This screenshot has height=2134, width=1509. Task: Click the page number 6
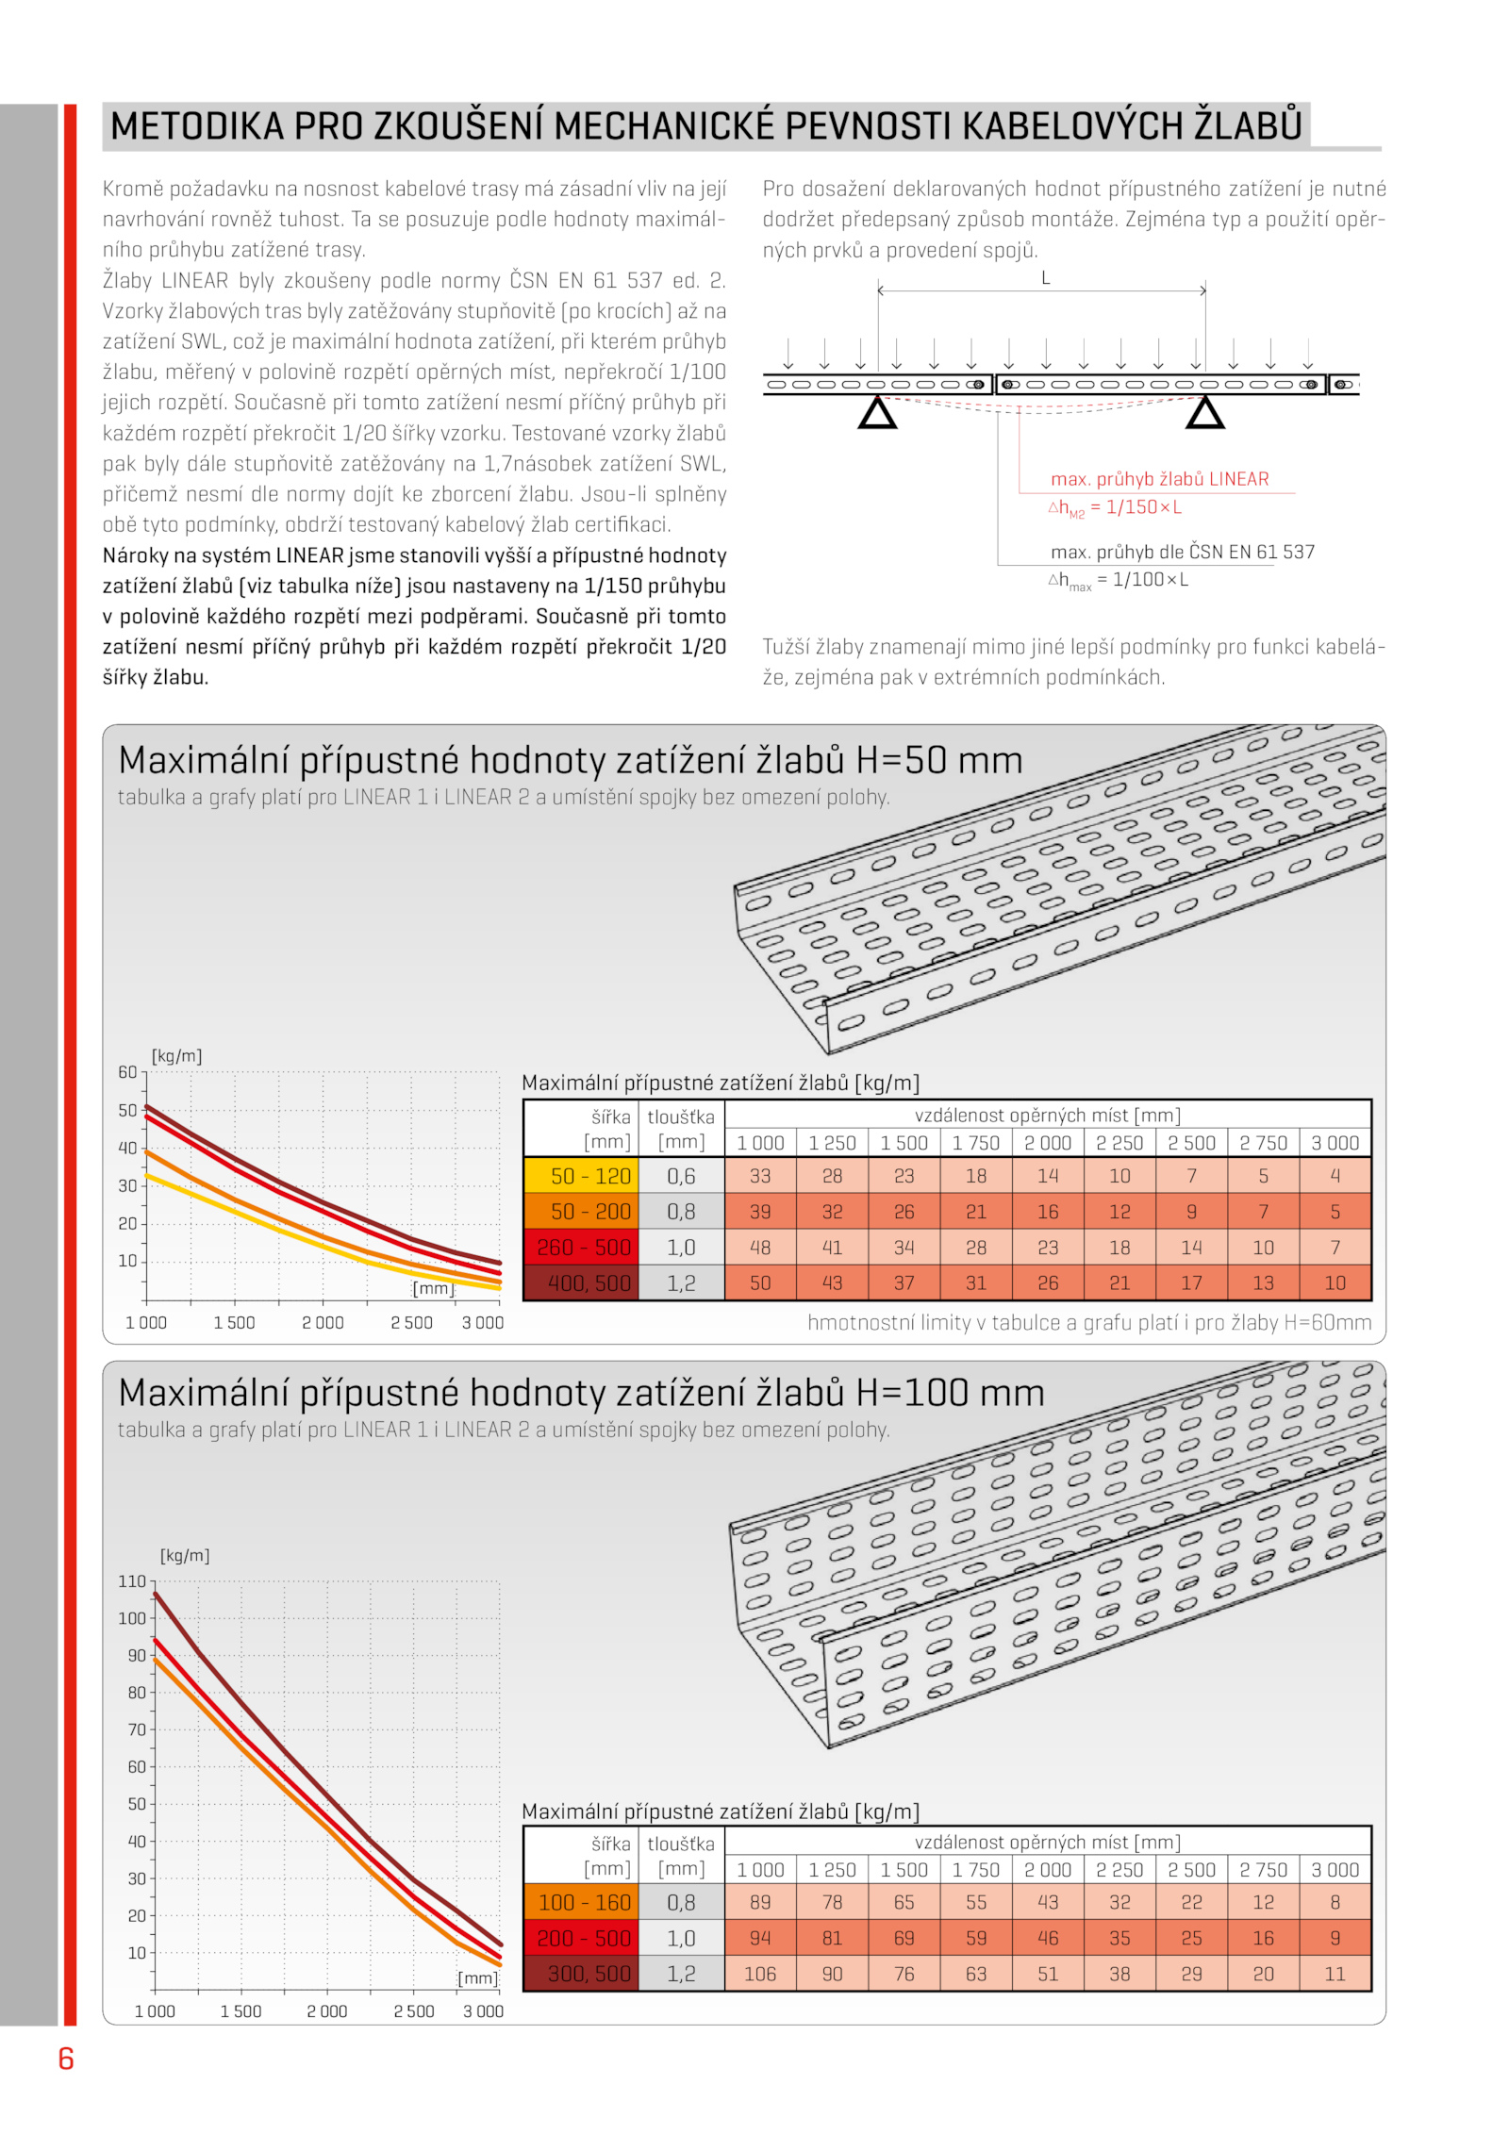[66, 2058]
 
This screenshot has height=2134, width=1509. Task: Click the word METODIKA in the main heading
[196, 126]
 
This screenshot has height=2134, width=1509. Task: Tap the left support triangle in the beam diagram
[877, 413]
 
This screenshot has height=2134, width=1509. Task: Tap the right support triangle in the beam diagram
[1204, 413]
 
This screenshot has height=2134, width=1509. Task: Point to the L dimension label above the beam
[1045, 278]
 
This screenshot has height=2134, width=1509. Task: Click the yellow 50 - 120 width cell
[589, 1176]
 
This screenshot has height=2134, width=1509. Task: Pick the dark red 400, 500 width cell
[589, 1283]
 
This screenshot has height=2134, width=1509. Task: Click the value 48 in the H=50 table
[760, 1248]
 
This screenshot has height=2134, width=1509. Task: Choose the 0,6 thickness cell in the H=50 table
[681, 1176]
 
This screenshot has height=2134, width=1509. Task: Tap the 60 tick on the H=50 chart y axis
[127, 1072]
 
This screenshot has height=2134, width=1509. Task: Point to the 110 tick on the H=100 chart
[132, 1581]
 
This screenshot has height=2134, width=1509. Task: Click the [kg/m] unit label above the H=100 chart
[185, 1555]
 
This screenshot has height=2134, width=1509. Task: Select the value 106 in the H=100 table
[760, 1974]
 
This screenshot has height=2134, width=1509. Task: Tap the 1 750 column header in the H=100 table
[975, 1869]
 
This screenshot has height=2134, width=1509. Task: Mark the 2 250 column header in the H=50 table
[1119, 1143]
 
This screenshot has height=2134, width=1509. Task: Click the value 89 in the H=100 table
[760, 1902]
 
